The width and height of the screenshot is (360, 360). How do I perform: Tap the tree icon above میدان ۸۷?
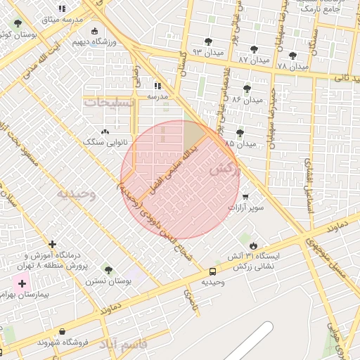pyautogui.click(x=254, y=49)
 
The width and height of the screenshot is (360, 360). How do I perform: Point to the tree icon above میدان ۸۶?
pyautogui.click(x=246, y=88)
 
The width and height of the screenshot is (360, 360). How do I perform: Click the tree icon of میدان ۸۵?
pyautogui.click(x=240, y=132)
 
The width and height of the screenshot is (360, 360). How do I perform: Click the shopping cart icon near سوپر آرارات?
pyautogui.click(x=245, y=197)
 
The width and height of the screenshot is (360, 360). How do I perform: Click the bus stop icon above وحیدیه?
pyautogui.click(x=212, y=271)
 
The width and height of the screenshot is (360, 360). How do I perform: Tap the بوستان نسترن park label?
pyautogui.click(x=109, y=281)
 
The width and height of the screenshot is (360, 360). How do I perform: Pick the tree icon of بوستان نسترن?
pyautogui.click(x=108, y=269)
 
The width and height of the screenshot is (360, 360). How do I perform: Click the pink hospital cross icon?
pyautogui.click(x=22, y=284)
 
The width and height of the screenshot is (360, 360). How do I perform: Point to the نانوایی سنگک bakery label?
pyautogui.click(x=104, y=141)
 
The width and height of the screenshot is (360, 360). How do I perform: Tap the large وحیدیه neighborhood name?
pyautogui.click(x=76, y=194)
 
